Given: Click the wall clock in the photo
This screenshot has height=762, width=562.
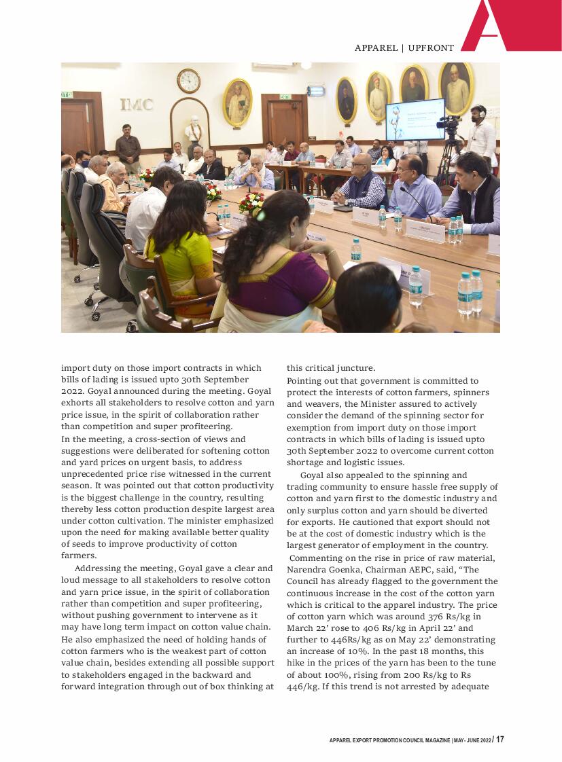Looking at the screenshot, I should (x=188, y=81).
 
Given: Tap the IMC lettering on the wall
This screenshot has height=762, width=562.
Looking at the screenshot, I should (x=137, y=105).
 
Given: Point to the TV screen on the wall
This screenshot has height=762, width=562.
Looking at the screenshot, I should (x=415, y=119).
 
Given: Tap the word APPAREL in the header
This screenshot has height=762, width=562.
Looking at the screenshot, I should (x=376, y=48).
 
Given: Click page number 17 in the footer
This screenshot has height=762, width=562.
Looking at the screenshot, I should (x=500, y=740).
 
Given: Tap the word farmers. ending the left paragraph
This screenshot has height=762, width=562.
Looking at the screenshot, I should (x=78, y=555).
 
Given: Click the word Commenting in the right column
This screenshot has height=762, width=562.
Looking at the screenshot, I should (x=316, y=558).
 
